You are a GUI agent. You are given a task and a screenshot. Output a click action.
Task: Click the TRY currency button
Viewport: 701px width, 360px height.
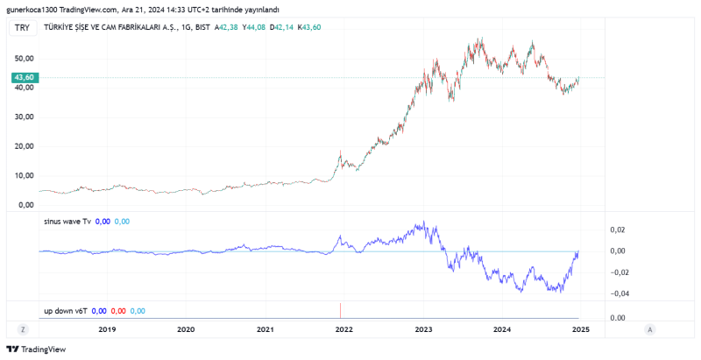point(24,28)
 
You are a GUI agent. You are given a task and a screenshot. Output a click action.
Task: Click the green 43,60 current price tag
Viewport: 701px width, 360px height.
point(24,78)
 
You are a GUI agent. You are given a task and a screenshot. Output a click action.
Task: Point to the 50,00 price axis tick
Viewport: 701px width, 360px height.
point(24,58)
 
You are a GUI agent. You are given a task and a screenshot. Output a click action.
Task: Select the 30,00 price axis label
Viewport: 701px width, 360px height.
point(24,116)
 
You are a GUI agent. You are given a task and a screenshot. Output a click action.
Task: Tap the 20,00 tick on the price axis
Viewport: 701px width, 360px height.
point(24,146)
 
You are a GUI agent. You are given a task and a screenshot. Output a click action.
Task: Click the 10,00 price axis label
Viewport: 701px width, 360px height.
point(24,176)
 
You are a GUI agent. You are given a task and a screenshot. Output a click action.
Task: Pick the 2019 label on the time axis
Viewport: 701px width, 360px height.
point(107,329)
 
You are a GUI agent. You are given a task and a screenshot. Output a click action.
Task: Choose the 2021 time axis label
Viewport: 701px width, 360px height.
point(266,329)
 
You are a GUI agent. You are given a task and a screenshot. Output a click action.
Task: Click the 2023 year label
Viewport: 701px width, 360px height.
point(423,329)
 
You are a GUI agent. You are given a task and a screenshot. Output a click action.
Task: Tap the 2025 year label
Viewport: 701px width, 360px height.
point(579,329)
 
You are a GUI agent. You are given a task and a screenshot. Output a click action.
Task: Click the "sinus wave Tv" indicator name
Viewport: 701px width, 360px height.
point(67,222)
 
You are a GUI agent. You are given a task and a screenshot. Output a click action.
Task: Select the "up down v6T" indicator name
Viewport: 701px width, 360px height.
point(66,310)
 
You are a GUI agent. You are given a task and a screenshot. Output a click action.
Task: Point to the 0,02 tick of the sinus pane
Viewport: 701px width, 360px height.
point(617,229)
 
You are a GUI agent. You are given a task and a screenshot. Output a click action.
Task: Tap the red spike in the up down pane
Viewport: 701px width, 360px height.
point(340,309)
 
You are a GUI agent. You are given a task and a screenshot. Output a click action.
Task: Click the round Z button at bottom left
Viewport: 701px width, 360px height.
point(24,328)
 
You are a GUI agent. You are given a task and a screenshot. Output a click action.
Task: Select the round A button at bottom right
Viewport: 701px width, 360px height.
point(649,328)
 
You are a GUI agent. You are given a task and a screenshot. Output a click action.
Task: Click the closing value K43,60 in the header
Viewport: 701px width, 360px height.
point(310,28)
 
